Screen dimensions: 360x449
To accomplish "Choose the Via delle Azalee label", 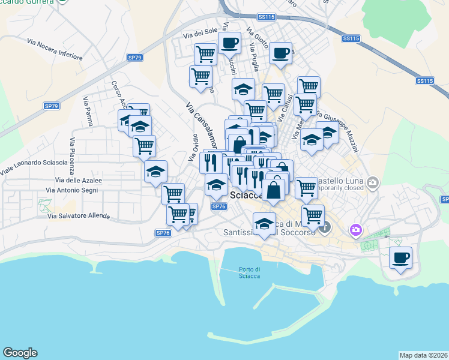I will point(78,180).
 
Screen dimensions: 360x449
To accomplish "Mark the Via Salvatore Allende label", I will point(78,215).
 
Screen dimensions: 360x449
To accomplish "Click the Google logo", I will point(20,353).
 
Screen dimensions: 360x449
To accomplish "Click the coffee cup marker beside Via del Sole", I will point(229,43).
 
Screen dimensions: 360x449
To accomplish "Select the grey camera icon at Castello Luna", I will point(373,182).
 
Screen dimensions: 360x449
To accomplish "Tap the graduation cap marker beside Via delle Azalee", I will point(155,172).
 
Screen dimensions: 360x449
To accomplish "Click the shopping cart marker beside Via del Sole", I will point(205,55).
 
